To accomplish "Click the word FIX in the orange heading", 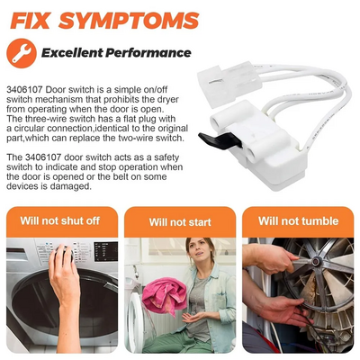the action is click(x=30, y=21).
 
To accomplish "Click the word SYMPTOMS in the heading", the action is click(x=129, y=21).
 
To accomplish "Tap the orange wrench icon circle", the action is click(x=22, y=53).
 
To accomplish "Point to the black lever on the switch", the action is click(x=220, y=139).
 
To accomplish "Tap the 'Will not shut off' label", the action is click(x=60, y=220).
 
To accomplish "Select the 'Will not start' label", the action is click(x=180, y=222).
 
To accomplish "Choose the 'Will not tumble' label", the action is click(x=298, y=221).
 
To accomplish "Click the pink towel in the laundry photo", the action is click(x=164, y=294).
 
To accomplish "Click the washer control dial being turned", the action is click(x=64, y=253).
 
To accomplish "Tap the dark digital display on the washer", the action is click(x=105, y=252).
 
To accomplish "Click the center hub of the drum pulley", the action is click(x=316, y=262).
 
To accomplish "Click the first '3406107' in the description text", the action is click(x=25, y=89).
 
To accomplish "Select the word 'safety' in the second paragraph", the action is click(x=166, y=157).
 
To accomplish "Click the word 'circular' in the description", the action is click(x=30, y=129).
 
